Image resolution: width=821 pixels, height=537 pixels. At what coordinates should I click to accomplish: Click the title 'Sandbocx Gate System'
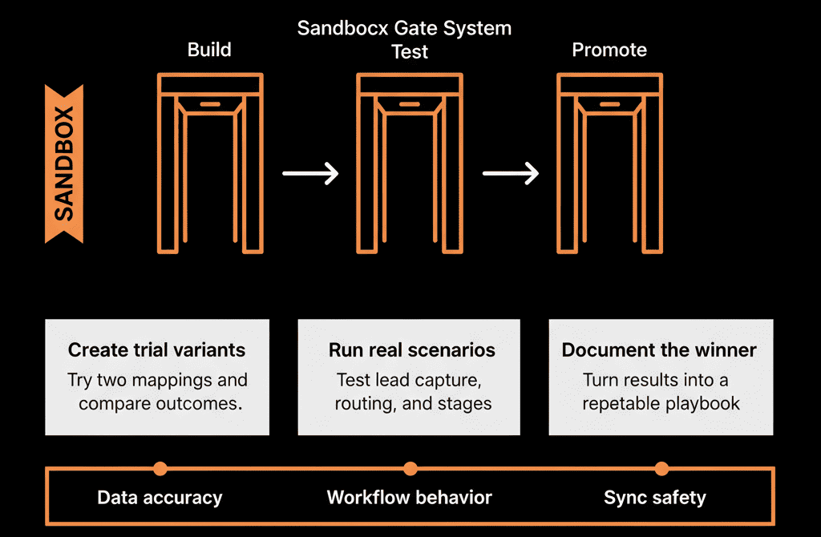(x=404, y=28)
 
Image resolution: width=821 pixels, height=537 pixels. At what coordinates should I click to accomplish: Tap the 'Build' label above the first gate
(x=209, y=50)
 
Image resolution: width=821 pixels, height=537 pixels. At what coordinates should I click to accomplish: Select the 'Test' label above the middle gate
(x=410, y=52)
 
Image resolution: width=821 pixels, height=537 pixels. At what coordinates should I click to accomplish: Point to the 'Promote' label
(x=609, y=50)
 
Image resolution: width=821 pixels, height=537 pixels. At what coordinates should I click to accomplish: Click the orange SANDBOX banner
(x=64, y=164)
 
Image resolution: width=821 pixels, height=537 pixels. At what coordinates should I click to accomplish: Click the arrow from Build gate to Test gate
(x=310, y=173)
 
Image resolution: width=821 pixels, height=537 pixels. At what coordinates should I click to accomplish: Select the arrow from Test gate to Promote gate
(x=511, y=173)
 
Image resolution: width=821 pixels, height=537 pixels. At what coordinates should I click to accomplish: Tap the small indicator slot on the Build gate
(x=210, y=104)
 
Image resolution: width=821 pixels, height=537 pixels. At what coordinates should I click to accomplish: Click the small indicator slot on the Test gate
(x=410, y=104)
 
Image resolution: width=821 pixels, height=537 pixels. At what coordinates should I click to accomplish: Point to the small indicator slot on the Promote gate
(x=609, y=104)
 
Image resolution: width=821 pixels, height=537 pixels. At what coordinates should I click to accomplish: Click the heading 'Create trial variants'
(x=156, y=349)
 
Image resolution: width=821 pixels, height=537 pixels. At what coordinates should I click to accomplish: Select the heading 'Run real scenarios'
(x=412, y=349)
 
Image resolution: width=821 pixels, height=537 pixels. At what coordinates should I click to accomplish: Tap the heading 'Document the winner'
(x=659, y=349)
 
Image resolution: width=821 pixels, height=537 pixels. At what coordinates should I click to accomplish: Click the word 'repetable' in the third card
(x=614, y=403)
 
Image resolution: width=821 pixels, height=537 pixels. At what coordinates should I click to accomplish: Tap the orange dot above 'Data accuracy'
(x=160, y=468)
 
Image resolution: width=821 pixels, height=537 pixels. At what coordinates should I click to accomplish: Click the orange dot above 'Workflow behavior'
(x=410, y=468)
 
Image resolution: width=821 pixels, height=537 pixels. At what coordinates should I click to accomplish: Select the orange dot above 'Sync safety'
(x=661, y=468)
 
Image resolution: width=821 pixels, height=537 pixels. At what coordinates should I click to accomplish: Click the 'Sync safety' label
(x=655, y=497)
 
